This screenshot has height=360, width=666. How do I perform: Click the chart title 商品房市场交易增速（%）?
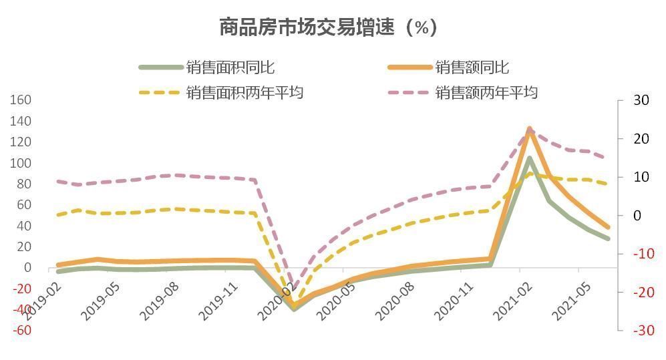coord(328,27)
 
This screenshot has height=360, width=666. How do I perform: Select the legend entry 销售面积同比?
coord(230,67)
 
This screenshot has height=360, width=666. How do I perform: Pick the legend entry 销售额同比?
coord(472,67)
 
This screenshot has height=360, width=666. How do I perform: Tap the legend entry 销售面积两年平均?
coord(244,92)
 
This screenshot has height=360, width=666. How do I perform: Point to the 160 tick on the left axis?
coord(21,100)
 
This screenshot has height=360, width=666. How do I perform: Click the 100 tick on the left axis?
coord(21,163)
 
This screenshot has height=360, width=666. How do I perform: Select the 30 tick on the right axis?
coord(641,100)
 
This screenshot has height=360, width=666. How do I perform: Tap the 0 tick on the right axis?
coord(637,215)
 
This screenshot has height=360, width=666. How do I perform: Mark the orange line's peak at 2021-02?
coord(529,128)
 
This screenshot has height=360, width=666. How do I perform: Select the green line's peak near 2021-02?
coord(530,158)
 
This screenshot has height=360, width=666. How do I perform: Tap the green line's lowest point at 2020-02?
coord(294,309)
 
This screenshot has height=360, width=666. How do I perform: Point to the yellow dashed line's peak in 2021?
coord(530,174)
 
